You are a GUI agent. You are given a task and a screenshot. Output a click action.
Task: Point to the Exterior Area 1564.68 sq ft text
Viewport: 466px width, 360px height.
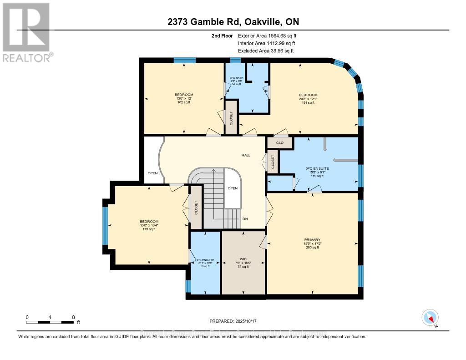[x=267, y=35]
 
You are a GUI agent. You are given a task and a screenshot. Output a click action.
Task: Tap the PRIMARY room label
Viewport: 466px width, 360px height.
[x=312, y=240]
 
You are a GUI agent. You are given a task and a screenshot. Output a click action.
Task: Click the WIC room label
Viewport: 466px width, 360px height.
[x=243, y=259]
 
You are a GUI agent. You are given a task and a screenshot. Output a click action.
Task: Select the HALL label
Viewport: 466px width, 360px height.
[x=246, y=155]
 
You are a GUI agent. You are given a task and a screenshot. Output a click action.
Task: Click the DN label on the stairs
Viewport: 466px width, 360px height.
[x=245, y=219]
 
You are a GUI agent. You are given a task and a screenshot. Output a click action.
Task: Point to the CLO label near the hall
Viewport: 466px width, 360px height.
[x=279, y=142]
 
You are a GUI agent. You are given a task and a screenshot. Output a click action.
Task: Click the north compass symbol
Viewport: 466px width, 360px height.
[x=430, y=318]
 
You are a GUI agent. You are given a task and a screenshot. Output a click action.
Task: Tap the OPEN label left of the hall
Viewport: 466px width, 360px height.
[x=152, y=173]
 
